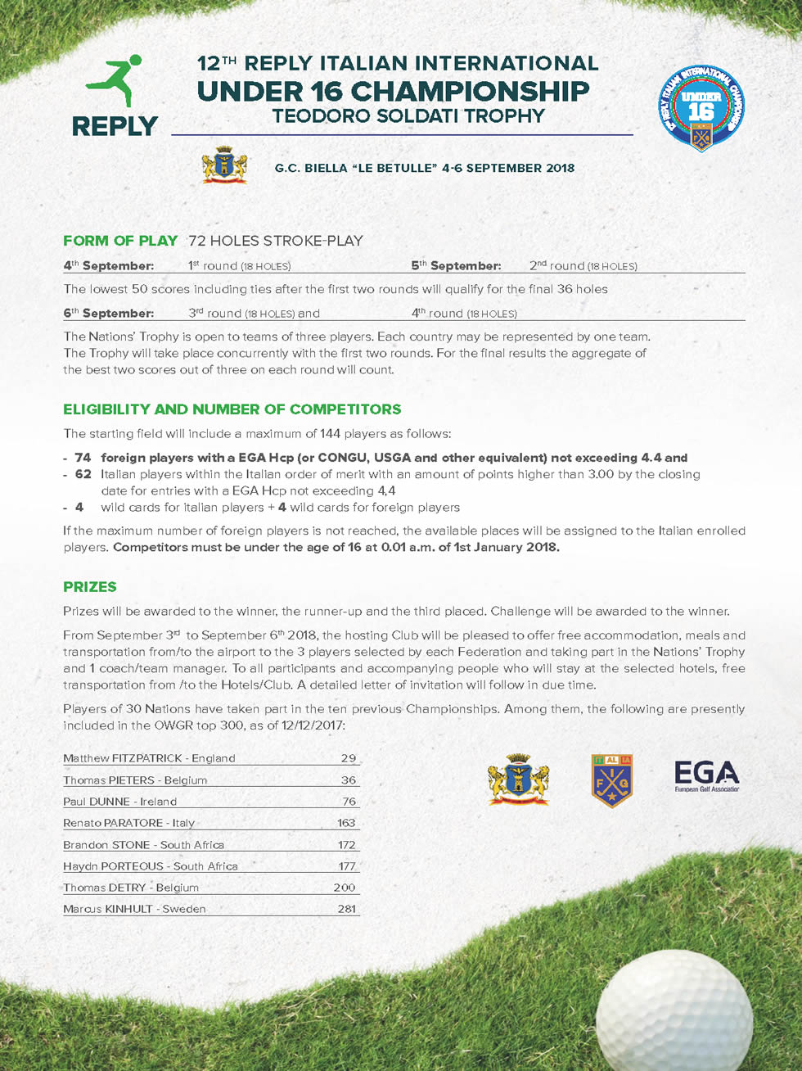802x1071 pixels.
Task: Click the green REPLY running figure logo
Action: coord(115,82)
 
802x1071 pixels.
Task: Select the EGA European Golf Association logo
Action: coord(706,776)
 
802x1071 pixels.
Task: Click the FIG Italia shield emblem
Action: coord(612,780)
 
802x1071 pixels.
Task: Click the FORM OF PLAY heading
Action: coord(120,241)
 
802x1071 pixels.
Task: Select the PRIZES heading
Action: coord(90,587)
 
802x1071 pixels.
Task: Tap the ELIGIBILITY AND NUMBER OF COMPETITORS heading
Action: coord(232,409)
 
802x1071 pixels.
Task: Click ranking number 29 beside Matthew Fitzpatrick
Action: coord(349,759)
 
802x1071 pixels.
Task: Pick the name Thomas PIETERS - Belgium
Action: coord(135,780)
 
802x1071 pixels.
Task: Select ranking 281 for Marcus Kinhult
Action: coord(346,909)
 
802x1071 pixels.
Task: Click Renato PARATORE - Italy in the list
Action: coord(128,823)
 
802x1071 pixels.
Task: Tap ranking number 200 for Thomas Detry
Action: coord(345,888)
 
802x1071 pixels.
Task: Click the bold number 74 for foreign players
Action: coord(83,458)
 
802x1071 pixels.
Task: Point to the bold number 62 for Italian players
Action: coord(83,474)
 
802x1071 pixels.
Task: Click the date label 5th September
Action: coord(456,266)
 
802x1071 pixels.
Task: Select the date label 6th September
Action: coord(108,314)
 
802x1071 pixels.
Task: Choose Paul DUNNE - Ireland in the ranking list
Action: coord(119,802)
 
